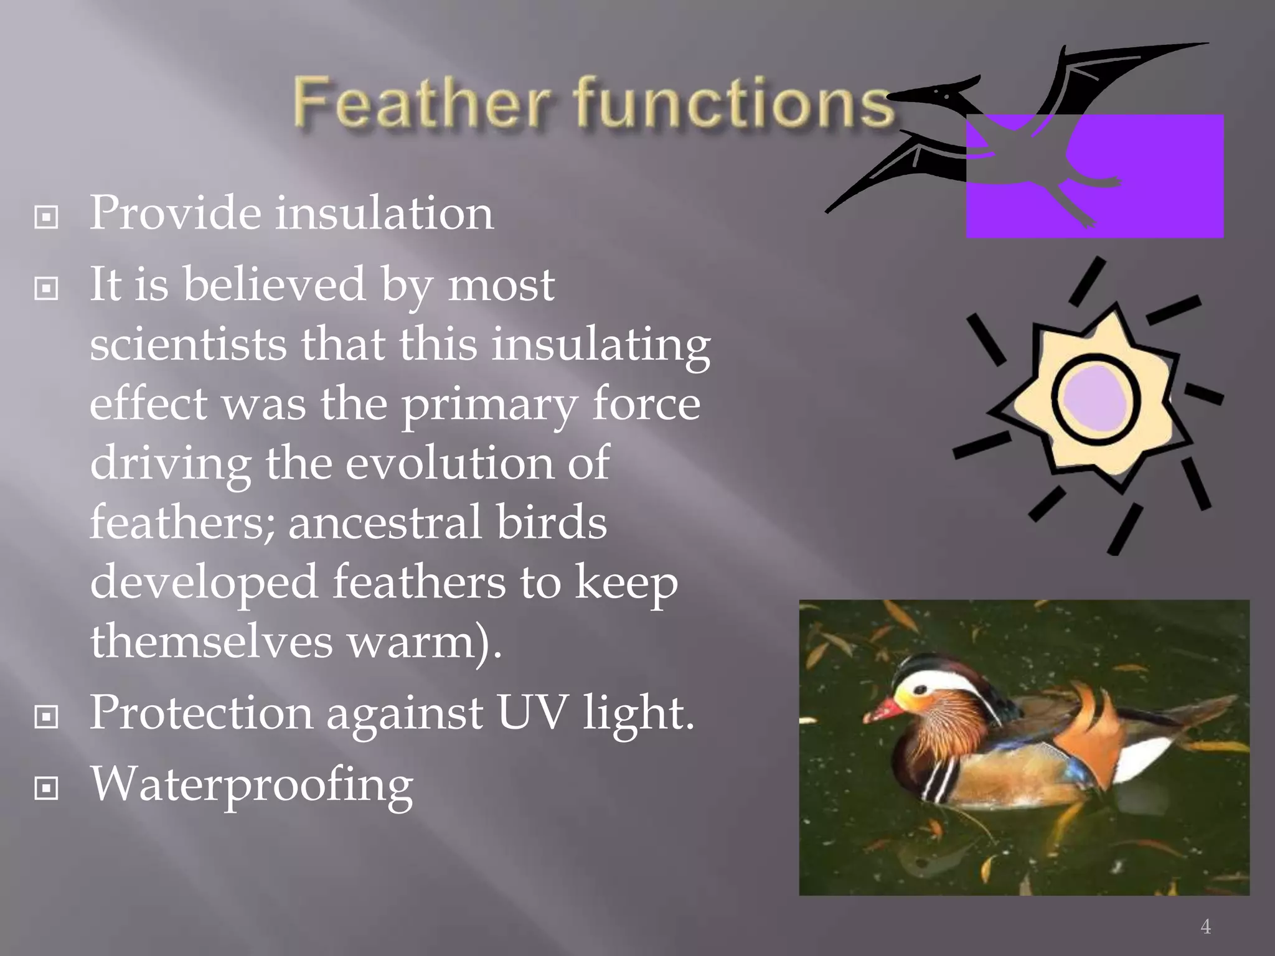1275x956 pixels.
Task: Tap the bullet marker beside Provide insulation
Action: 47,217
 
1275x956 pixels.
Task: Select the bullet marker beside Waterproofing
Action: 47,788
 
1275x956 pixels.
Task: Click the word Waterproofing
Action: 252,785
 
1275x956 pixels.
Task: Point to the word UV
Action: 532,712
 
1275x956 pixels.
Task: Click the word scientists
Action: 188,344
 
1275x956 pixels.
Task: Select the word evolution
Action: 449,463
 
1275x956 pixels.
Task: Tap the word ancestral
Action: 385,522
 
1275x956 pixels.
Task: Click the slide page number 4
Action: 1206,927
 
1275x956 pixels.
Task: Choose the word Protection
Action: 201,712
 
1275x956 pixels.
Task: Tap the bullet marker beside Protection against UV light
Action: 47,717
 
